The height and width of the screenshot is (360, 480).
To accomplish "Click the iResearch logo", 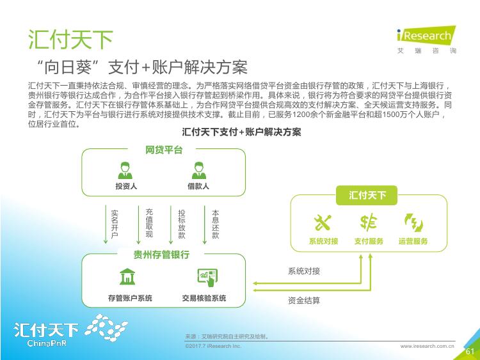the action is pos(426,40).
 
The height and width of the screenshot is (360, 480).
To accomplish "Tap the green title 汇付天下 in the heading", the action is pos(70,40).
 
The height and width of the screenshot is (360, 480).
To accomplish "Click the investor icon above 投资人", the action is pos(125,170).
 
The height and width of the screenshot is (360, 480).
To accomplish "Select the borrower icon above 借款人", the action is pos(199,170).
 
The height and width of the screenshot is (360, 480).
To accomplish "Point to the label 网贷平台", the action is pos(164,150).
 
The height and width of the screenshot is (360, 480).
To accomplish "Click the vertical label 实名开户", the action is pos(115,224).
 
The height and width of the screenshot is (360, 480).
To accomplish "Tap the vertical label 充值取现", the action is pos(149,223).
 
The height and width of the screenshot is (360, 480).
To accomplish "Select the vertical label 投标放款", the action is pos(182,224).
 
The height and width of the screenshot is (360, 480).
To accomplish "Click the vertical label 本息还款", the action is pos(216,224).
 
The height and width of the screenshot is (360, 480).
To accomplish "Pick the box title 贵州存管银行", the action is pos(161,254).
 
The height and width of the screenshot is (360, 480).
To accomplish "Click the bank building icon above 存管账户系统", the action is pos(127,276).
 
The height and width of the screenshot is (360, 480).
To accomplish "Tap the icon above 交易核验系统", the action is pos(207,278).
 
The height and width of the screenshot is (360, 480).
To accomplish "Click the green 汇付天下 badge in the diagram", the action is pos(367,195).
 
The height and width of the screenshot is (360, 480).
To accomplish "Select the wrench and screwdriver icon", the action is pos(323,223).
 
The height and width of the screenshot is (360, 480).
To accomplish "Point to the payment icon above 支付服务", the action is pos(368,222).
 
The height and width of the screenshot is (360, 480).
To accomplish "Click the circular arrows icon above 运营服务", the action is pos(413,223).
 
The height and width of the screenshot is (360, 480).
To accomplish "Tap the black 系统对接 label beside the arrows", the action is pos(303,271).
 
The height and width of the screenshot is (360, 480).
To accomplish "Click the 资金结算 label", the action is pos(303,301).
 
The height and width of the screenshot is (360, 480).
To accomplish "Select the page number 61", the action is pos(470,352).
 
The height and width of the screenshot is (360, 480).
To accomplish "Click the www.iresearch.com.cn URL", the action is pos(428,346).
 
